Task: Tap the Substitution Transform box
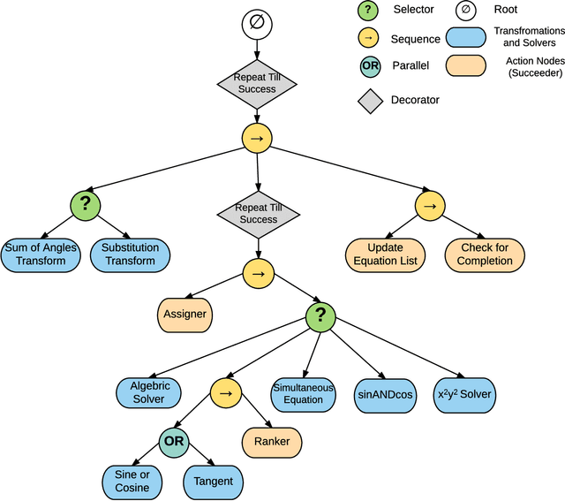pyautogui.click(x=130, y=254)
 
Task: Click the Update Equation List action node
pyautogui.click(x=385, y=254)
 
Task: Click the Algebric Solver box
pyautogui.click(x=149, y=392)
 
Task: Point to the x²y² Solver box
pyautogui.click(x=465, y=392)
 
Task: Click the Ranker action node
pyautogui.click(x=272, y=441)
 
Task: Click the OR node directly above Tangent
pyautogui.click(x=173, y=440)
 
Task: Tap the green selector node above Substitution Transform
pyautogui.click(x=86, y=205)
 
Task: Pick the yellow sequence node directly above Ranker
pyautogui.click(x=225, y=392)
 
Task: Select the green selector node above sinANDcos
pyautogui.click(x=321, y=317)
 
